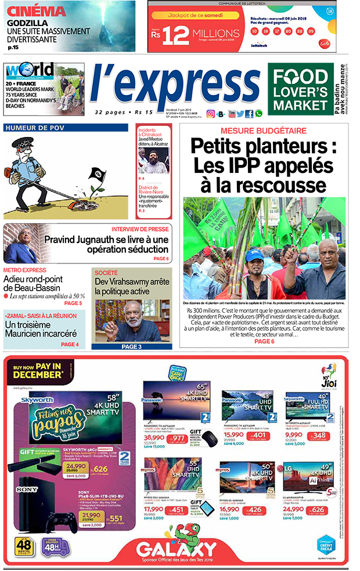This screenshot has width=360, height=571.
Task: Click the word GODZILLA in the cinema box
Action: coord(23,23)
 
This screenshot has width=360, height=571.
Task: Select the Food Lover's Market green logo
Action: coord(301,89)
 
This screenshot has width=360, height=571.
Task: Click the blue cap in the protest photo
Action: coord(254,255)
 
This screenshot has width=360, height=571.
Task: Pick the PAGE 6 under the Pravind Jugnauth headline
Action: coord(161,258)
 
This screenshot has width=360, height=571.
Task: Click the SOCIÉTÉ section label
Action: coord(106,272)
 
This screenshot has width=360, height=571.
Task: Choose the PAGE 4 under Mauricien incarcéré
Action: coord(69,345)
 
